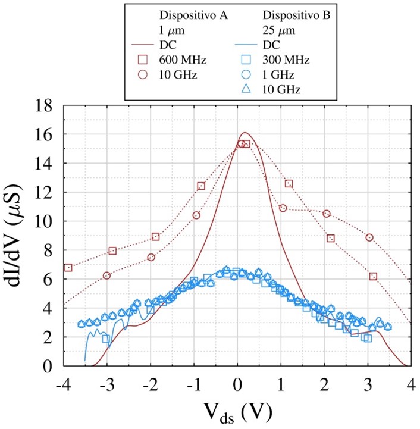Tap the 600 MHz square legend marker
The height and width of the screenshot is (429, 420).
tap(143, 60)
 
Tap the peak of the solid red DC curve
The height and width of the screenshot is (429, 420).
tap(245, 133)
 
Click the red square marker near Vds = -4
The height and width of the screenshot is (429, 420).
tap(68, 268)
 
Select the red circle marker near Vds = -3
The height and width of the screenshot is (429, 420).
tap(107, 275)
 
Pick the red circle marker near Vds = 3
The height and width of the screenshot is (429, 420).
tap(369, 237)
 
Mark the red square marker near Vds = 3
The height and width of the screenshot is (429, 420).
tap(373, 276)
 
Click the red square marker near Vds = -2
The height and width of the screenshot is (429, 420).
tap(156, 237)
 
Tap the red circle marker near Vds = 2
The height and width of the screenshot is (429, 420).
tap(326, 214)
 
